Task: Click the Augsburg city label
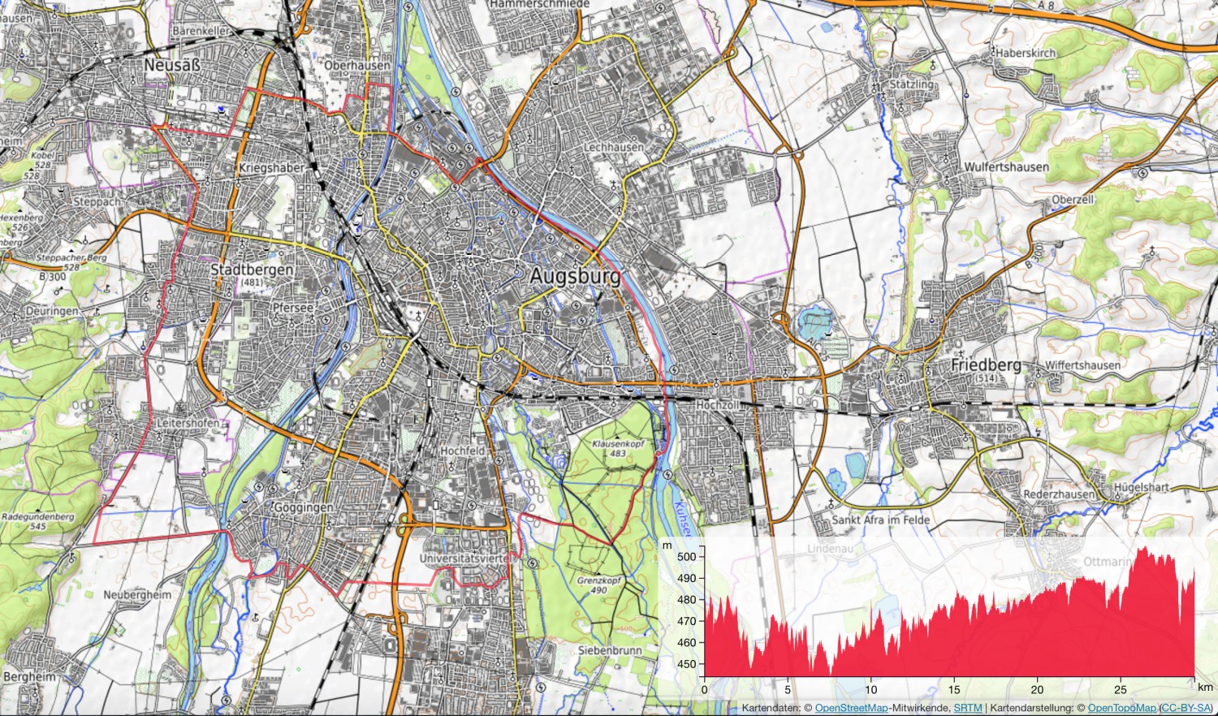pyautogui.click(x=575, y=276)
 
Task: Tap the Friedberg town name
pyautogui.click(x=986, y=365)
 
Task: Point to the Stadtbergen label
pyautogui.click(x=252, y=270)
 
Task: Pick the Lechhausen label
pyautogui.click(x=614, y=147)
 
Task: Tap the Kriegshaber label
pyautogui.click(x=271, y=168)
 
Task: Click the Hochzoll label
pyautogui.click(x=718, y=404)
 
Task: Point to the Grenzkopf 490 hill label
pyautogui.click(x=599, y=585)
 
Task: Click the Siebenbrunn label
pyautogui.click(x=610, y=650)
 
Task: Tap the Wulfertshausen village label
pyautogui.click(x=1006, y=166)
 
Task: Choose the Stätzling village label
pyautogui.click(x=912, y=84)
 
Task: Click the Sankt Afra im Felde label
pyautogui.click(x=881, y=520)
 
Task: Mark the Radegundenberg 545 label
pyautogui.click(x=38, y=521)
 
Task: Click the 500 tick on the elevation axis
pyautogui.click(x=686, y=557)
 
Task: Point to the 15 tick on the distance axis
pyautogui.click(x=954, y=690)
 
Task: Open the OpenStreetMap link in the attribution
pyautogui.click(x=851, y=709)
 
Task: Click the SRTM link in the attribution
pyautogui.click(x=966, y=709)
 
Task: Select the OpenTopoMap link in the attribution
pyautogui.click(x=1121, y=709)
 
